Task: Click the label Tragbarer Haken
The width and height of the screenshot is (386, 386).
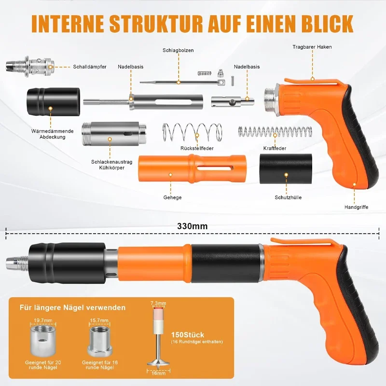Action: tap(312, 47)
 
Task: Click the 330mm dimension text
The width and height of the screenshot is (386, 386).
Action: tap(192, 226)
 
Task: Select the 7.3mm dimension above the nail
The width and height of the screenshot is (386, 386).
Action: tap(158, 303)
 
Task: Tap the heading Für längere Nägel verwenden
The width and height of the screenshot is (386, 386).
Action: tap(72, 307)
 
